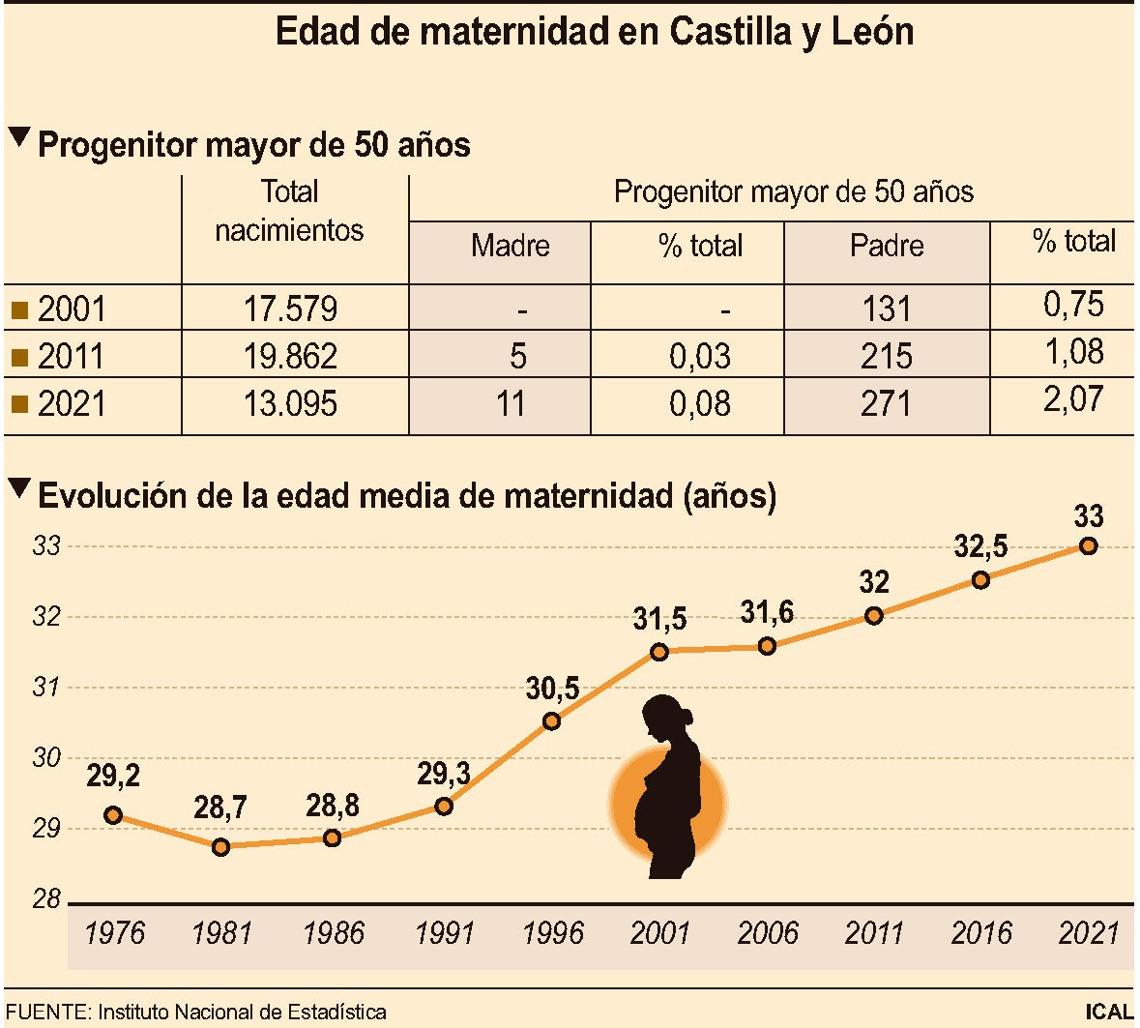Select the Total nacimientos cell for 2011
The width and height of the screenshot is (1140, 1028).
pyautogui.click(x=290, y=356)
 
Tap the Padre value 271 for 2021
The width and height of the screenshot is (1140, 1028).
pyautogui.click(x=886, y=403)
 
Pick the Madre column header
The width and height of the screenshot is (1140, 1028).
pyautogui.click(x=510, y=246)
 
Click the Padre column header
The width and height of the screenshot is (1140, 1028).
pyautogui.click(x=886, y=246)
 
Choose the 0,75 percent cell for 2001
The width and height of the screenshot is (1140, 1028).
pyautogui.click(x=1073, y=305)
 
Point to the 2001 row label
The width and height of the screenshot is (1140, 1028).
pyautogui.click(x=71, y=309)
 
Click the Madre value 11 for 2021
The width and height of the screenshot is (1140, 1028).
pyautogui.click(x=510, y=403)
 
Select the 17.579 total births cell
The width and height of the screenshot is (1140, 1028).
pyautogui.click(x=290, y=309)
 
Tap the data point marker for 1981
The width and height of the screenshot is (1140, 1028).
pyautogui.click(x=220, y=847)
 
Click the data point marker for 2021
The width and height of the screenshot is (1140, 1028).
pyautogui.click(x=1088, y=546)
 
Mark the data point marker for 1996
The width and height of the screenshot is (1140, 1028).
pyautogui.click(x=551, y=721)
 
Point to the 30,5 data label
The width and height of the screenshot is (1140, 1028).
pyautogui.click(x=552, y=689)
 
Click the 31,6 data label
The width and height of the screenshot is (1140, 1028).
pyautogui.click(x=767, y=612)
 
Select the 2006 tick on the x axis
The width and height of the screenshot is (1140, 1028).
pyautogui.click(x=767, y=933)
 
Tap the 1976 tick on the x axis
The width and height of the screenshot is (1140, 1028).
pyautogui.click(x=114, y=933)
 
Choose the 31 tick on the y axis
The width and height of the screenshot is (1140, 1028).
pyautogui.click(x=46, y=688)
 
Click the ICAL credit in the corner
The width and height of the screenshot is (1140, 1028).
pyautogui.click(x=1108, y=1013)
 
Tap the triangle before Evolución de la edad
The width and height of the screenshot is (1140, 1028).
pyautogui.click(x=18, y=489)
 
